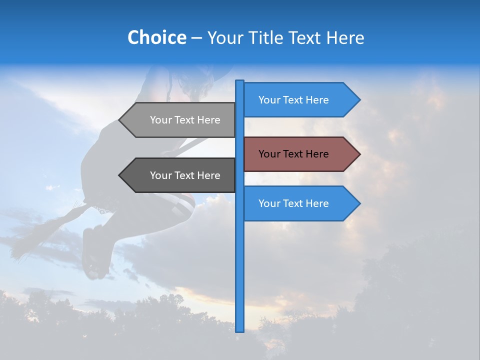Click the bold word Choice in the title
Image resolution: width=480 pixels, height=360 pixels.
pyautogui.click(x=156, y=37)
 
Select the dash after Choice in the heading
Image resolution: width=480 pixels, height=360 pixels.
pyautogui.click(x=196, y=38)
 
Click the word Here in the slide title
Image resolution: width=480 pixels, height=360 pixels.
pyautogui.click(x=345, y=37)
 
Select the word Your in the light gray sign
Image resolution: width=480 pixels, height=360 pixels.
pyautogui.click(x=161, y=120)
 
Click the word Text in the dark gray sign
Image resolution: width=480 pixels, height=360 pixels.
pyautogui.click(x=184, y=175)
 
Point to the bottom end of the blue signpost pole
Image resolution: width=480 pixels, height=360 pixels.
pyautogui.click(x=239, y=330)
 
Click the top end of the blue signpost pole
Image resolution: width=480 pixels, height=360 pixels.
pyautogui.click(x=239, y=82)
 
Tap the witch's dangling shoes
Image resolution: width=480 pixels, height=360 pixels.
pyautogui.click(x=95, y=255)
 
